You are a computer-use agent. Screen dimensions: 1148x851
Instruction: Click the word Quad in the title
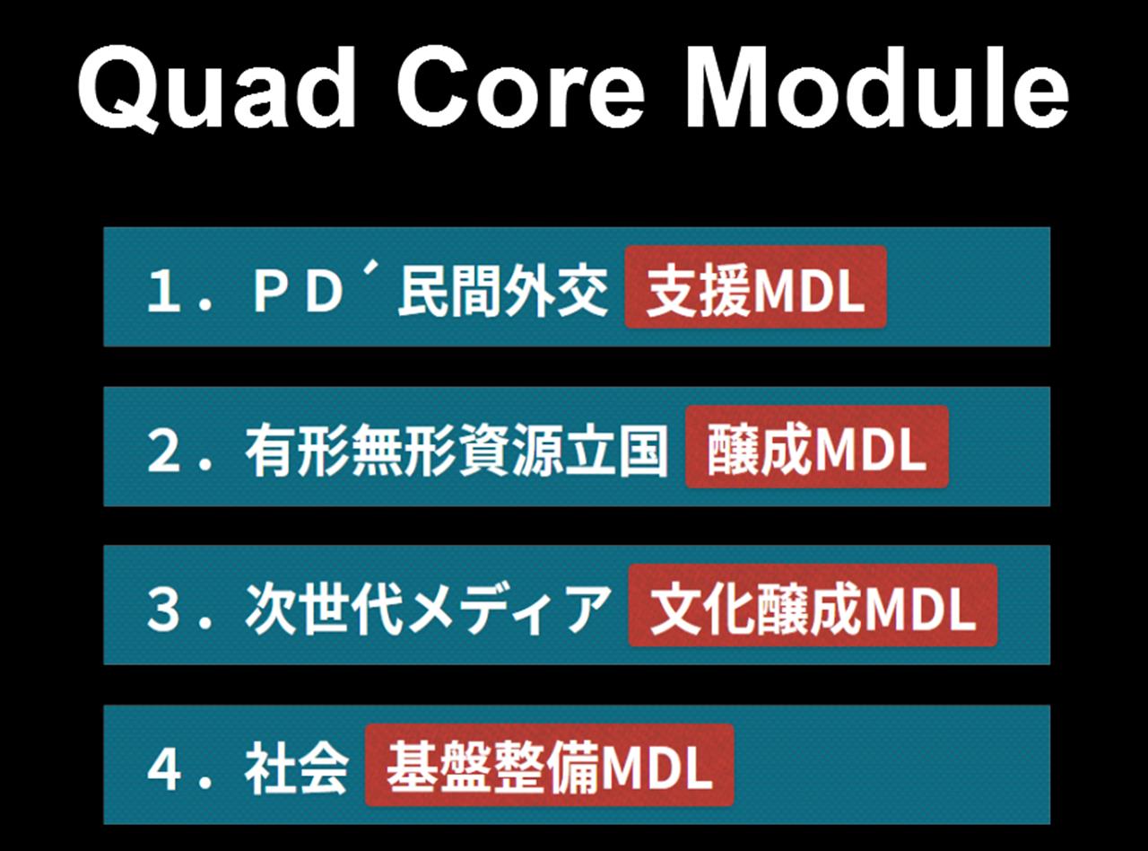coord(217,89)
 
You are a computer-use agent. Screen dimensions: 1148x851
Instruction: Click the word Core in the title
coord(521,88)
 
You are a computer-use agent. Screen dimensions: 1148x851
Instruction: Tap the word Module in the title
coord(877,87)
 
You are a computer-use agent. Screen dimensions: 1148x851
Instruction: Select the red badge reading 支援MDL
coord(756,287)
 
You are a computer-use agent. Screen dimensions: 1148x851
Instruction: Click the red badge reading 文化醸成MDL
coord(813,605)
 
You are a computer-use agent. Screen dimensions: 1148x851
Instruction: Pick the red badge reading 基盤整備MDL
coord(549,765)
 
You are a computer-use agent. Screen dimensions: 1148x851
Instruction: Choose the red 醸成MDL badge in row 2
coord(817,447)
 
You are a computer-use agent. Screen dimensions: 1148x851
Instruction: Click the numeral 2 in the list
coord(163,451)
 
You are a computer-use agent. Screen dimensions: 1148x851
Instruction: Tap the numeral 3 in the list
coord(163,610)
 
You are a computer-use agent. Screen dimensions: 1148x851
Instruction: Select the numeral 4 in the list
coord(164,769)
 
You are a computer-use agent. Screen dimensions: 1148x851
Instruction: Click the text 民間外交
coord(502,291)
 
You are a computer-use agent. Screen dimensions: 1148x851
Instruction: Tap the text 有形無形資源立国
coord(456,450)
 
